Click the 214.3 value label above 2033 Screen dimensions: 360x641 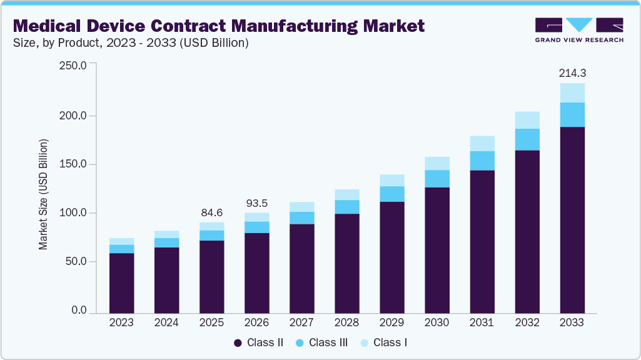tap(572, 73)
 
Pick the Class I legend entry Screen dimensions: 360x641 tap(385, 342)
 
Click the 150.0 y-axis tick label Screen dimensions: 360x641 tap(74, 164)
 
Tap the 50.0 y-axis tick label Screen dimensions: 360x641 tap(76, 261)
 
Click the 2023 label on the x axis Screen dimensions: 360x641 tap(121, 322)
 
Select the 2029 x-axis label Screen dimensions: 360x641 tap(391, 322)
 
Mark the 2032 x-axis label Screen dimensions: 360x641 tap(527, 322)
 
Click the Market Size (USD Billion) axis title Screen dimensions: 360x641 tap(43, 194)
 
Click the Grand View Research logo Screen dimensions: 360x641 tap(579, 30)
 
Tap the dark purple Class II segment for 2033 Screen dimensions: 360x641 tap(572, 219)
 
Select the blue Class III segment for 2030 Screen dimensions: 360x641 tap(437, 179)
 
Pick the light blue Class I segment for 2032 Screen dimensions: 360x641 tap(527, 120)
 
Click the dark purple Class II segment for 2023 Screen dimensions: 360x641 tap(121, 282)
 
